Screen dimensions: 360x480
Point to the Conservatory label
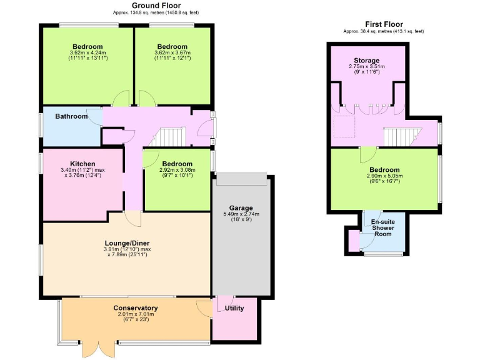(136, 307)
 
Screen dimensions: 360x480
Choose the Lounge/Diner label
(127, 242)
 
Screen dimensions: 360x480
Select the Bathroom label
(71, 116)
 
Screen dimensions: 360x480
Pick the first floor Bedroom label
(384, 169)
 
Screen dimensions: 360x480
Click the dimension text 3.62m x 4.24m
(87, 53)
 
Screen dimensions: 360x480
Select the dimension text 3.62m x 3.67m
(172, 53)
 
